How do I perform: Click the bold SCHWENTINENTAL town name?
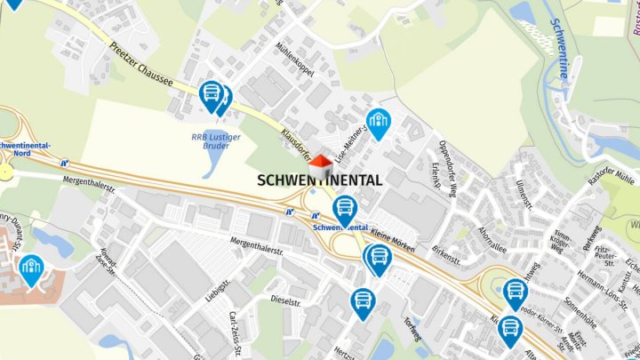coord(320,180)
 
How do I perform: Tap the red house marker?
coord(320,165)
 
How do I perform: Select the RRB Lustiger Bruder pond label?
coord(211,141)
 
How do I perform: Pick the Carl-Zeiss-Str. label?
coord(236,333)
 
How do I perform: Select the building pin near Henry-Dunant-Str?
coord(32,268)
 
